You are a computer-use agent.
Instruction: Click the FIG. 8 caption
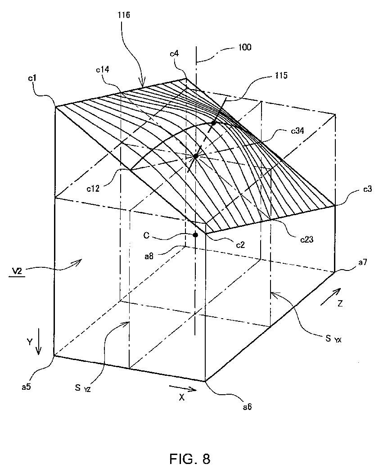point(190,459)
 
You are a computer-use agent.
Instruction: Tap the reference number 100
point(245,46)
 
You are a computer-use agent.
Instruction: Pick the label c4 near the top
point(175,54)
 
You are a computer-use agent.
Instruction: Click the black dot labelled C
point(195,235)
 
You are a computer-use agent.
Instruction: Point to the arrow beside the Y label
point(39,347)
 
